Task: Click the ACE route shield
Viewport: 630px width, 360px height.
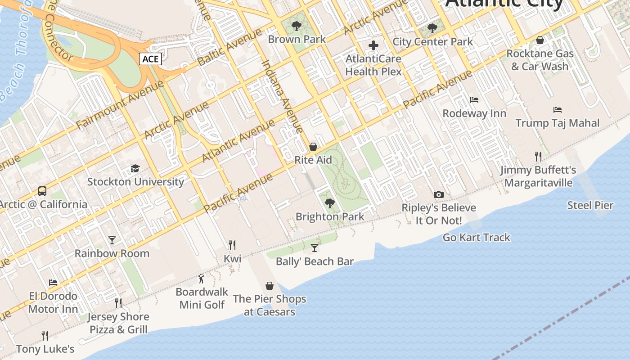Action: tap(150, 59)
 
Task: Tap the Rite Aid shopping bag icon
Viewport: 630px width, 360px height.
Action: tap(313, 147)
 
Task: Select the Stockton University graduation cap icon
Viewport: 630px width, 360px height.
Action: tap(135, 169)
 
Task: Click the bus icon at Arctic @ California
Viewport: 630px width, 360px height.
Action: tap(42, 191)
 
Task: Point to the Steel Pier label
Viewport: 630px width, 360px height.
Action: tap(590, 206)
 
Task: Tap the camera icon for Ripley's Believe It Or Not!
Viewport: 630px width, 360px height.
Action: tap(438, 194)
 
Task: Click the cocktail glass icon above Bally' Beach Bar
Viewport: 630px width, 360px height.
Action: tap(315, 248)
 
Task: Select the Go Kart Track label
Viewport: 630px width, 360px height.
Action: tap(477, 237)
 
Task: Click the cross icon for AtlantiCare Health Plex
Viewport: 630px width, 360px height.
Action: tap(373, 45)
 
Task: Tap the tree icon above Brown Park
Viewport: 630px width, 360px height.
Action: tap(296, 26)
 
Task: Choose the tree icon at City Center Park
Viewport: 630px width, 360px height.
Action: tap(432, 28)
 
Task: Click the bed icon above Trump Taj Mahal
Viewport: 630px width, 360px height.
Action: tap(558, 110)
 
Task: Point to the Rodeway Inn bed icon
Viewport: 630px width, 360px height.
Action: tap(474, 100)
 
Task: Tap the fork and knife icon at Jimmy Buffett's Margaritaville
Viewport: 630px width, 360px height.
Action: tap(538, 157)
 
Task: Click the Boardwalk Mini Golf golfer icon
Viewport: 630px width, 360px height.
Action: tap(201, 279)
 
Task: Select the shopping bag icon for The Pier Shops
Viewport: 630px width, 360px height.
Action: tap(270, 286)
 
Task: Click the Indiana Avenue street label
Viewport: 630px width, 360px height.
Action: tap(282, 96)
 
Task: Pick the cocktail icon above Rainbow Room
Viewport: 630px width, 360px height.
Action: tap(112, 240)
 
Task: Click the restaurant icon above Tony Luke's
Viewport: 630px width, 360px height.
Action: tap(45, 336)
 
